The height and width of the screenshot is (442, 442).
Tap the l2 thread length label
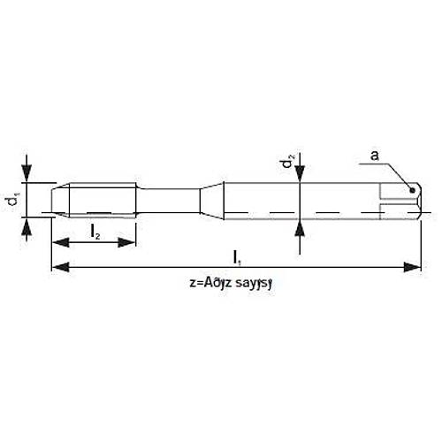click(x=94, y=232)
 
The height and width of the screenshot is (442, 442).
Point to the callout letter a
click(x=375, y=156)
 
